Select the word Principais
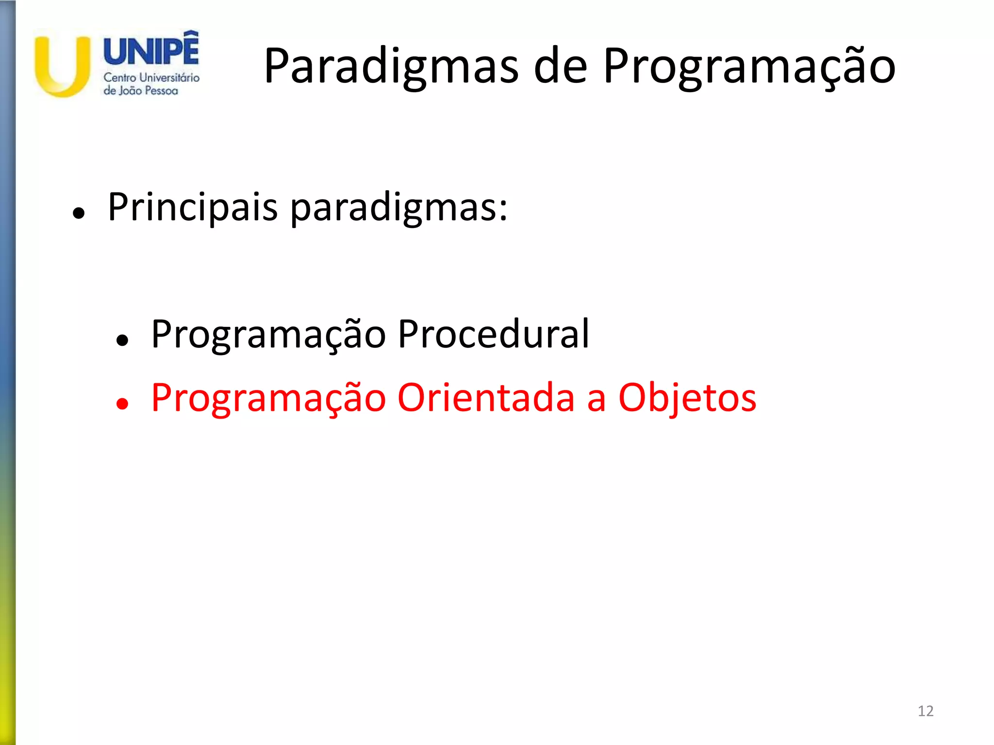193,208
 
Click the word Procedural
493,334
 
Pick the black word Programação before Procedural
268,335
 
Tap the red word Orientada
486,398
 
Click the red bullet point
122,404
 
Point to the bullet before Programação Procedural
122,340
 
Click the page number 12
926,711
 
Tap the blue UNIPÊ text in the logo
151,51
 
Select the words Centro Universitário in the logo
151,78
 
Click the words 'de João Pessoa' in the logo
141,91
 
